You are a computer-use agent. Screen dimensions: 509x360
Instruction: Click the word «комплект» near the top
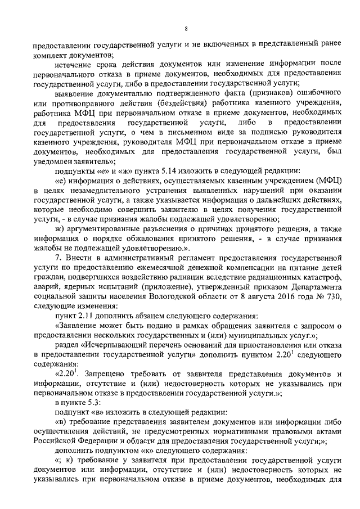[50, 55]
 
